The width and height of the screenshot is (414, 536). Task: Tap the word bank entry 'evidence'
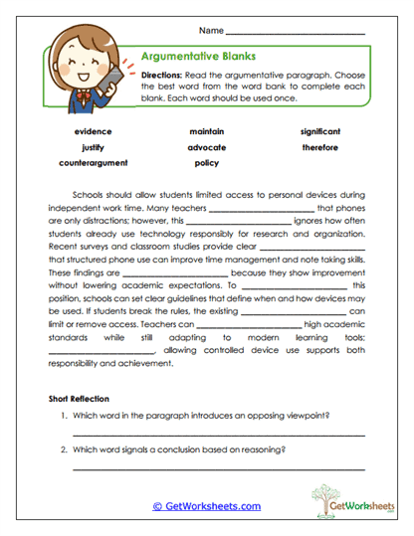93,131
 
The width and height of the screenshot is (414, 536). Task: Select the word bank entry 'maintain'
206,131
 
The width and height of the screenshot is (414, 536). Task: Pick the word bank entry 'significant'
320,131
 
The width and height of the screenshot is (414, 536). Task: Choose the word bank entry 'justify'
93,147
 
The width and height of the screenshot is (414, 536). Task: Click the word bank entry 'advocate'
206,147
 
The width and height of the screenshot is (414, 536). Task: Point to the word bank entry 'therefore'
320,147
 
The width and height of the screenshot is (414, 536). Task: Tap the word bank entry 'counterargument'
93,163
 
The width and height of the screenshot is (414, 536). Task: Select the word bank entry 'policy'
206,163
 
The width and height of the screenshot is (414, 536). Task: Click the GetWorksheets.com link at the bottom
207,506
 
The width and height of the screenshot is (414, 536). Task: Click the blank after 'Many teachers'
261,211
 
